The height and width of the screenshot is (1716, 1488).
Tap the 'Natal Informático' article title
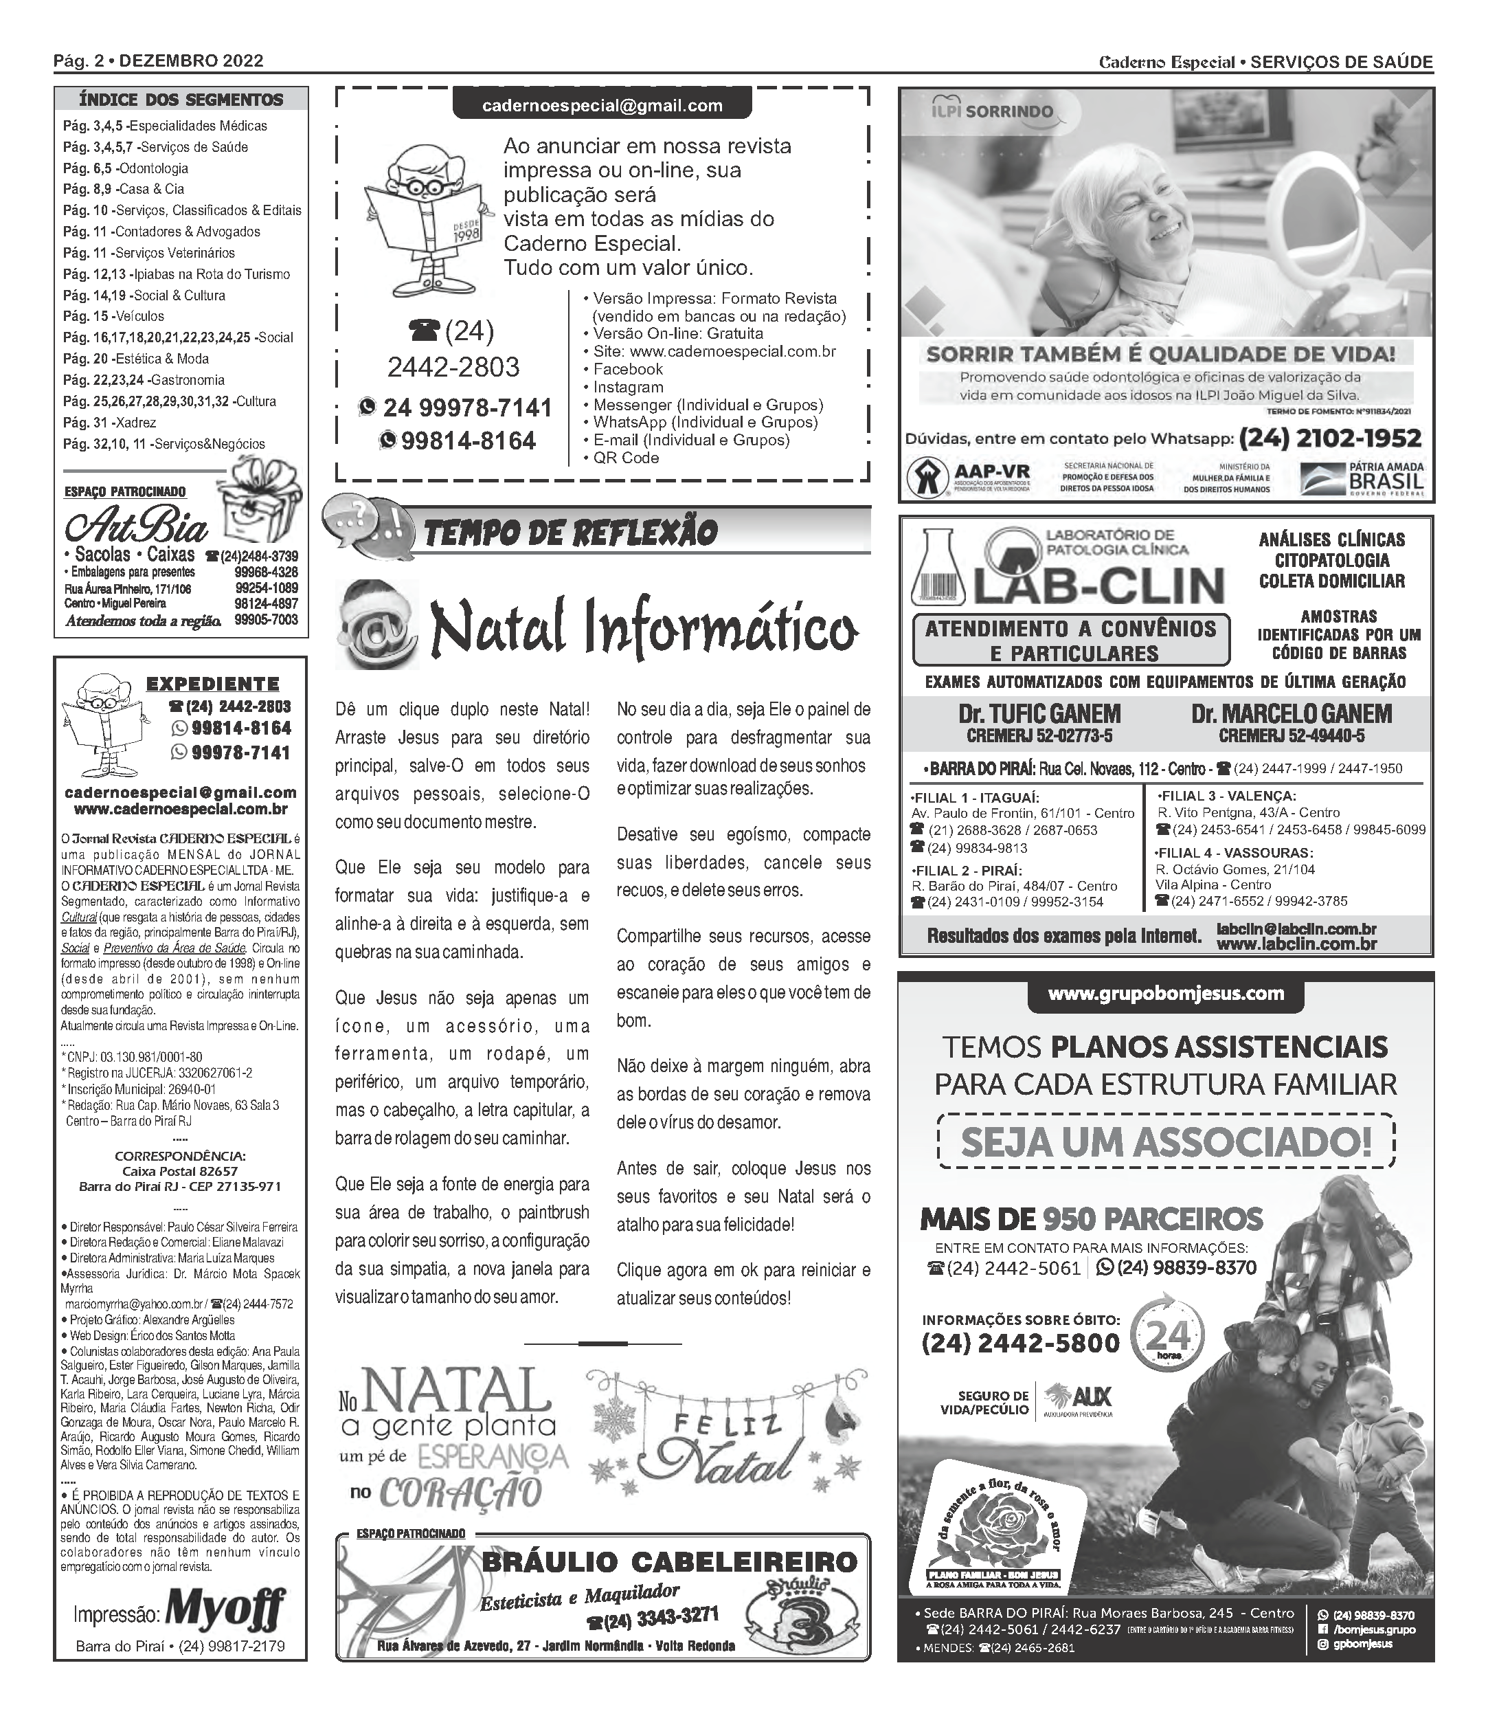click(x=644, y=629)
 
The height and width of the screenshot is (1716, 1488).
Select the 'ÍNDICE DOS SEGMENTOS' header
click(x=181, y=100)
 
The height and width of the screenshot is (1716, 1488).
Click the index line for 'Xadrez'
click(x=110, y=423)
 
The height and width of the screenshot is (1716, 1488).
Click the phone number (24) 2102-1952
click(x=1330, y=438)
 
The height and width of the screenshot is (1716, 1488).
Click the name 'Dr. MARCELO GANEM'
click(x=1292, y=713)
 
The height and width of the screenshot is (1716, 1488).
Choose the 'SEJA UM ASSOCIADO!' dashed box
click(x=1166, y=1142)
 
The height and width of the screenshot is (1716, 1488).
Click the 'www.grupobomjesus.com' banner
click(x=1166, y=994)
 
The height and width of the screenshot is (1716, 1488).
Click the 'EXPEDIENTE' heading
click(x=212, y=684)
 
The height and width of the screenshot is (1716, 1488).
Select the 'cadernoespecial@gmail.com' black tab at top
click(x=602, y=105)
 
